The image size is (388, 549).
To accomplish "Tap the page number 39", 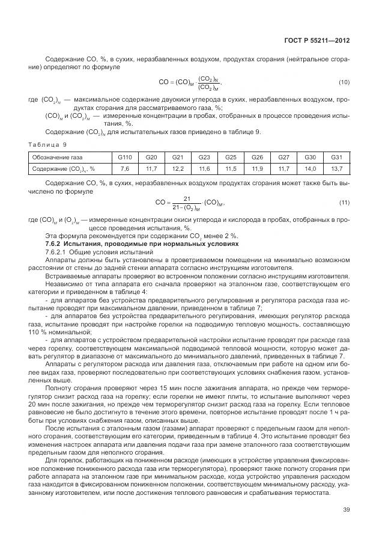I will click(x=345, y=510).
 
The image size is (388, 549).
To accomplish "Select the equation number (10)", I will click(x=345, y=82).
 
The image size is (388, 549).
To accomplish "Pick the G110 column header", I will click(x=125, y=157).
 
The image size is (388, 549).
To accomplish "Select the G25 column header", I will click(x=231, y=157).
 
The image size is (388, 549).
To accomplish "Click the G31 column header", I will click(x=337, y=157).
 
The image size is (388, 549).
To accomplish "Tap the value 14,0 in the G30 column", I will click(x=311, y=169).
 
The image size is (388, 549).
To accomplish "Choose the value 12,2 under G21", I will click(x=178, y=169).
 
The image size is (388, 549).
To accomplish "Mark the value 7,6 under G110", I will click(x=125, y=169).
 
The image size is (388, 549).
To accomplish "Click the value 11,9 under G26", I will click(x=257, y=169).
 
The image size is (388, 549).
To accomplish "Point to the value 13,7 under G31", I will click(x=337, y=169).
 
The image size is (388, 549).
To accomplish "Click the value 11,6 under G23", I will click(x=204, y=169).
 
